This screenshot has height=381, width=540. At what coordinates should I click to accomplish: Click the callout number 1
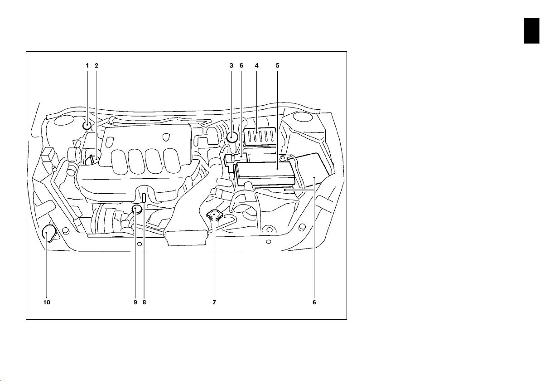[87, 65]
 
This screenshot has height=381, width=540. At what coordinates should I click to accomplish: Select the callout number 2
[96, 65]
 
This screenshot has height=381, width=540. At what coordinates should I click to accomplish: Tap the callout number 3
[231, 65]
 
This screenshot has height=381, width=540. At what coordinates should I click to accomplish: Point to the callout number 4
[256, 65]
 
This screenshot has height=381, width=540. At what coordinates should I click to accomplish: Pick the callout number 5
[278, 65]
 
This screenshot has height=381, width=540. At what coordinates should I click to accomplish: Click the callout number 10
[47, 303]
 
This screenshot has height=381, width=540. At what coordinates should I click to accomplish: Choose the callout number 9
[135, 303]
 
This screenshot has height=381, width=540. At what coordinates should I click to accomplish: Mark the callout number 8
[145, 303]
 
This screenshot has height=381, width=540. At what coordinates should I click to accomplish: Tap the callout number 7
[214, 303]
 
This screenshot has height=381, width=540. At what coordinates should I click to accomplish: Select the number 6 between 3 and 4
[241, 65]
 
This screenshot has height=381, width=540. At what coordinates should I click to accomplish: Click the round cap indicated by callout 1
[87, 126]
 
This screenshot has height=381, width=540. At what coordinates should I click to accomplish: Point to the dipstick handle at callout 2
[92, 160]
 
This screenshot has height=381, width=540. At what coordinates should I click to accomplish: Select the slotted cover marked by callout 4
[260, 137]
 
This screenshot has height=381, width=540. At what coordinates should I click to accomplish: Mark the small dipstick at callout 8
[145, 198]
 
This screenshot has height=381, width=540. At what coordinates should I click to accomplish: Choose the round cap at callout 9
[137, 209]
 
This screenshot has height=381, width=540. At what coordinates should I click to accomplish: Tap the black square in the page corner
[532, 31]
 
